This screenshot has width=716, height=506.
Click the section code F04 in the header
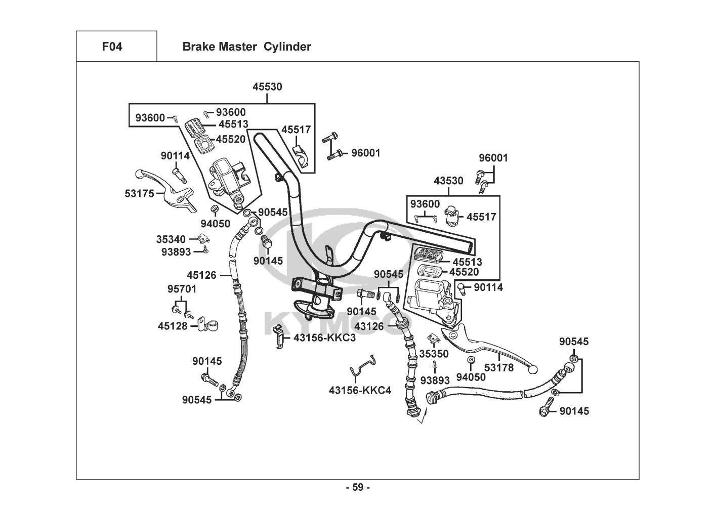(112, 47)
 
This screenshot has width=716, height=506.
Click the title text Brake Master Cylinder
(246, 47)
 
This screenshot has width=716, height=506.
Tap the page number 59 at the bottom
(358, 488)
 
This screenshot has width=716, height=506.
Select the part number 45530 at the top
(267, 87)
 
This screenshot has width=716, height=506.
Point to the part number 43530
(448, 181)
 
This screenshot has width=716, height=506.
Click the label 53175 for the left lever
(139, 193)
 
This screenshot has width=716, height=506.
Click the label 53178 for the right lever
(499, 367)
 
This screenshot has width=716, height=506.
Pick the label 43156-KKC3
(324, 338)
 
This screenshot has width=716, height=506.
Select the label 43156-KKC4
(360, 391)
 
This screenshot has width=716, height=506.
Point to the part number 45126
(201, 276)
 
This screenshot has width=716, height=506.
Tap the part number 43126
(369, 326)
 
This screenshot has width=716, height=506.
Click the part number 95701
(182, 289)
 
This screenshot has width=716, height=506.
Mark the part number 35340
(171, 239)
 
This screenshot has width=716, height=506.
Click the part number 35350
(434, 354)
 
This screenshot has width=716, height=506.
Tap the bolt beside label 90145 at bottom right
(547, 410)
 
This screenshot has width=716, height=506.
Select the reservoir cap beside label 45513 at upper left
(193, 125)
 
